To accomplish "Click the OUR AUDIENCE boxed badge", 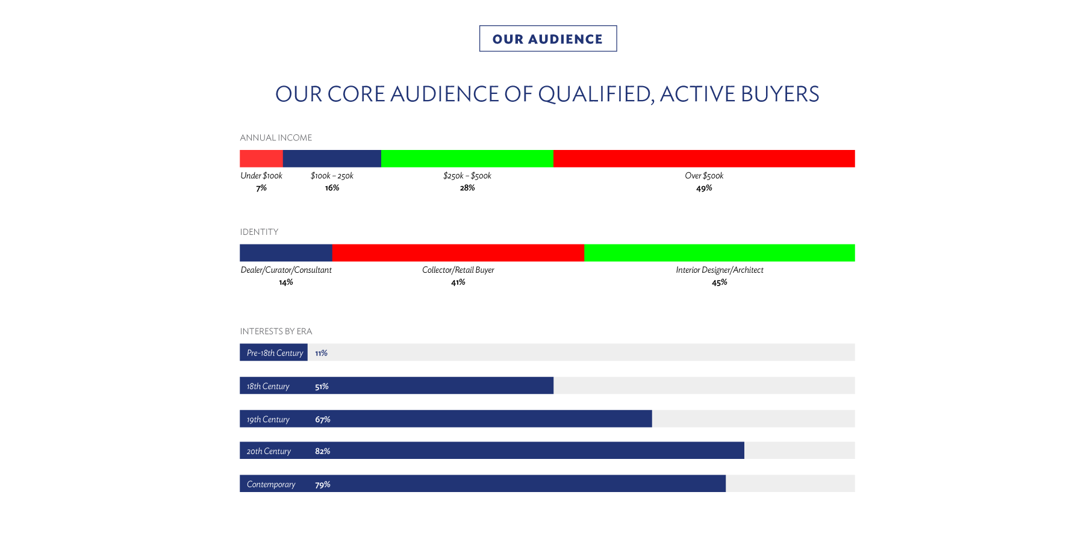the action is tap(548, 39).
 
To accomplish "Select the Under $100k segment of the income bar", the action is tap(261, 158).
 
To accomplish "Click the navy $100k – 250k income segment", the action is tap(332, 158).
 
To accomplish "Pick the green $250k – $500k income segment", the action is tap(467, 158).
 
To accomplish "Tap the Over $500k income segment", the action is tap(704, 158).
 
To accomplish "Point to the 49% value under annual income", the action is tap(704, 188).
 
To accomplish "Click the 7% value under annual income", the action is tap(261, 188).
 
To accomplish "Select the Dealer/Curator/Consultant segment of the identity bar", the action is tap(286, 253).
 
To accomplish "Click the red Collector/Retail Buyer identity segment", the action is tap(458, 253).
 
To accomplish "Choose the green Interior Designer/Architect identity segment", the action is tap(720, 253).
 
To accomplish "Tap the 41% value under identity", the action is tap(458, 282).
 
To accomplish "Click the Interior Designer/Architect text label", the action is tap(720, 270).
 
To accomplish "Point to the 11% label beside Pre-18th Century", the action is tap(321, 353).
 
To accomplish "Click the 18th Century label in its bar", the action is tap(268, 386).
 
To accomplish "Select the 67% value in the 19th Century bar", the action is tap(323, 419).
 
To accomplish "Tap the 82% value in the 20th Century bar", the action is tap(323, 451).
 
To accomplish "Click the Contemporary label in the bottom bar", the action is tap(271, 484).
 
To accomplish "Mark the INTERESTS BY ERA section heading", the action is tap(276, 331).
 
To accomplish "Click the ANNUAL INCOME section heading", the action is tap(276, 138).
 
